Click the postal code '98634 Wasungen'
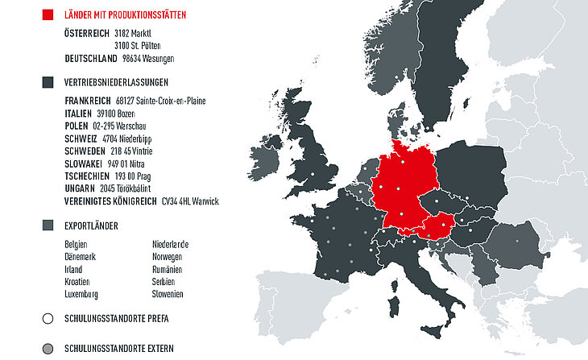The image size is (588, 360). click(148, 59)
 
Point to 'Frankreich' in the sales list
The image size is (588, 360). click(87, 101)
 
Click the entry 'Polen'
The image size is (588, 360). click(77, 126)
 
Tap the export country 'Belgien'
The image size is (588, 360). click(77, 245)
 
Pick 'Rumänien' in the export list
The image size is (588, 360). click(168, 270)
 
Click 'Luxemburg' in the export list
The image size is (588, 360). click(81, 295)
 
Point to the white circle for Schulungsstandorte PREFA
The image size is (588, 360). click(48, 319)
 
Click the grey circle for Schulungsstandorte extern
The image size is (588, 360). click(48, 349)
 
